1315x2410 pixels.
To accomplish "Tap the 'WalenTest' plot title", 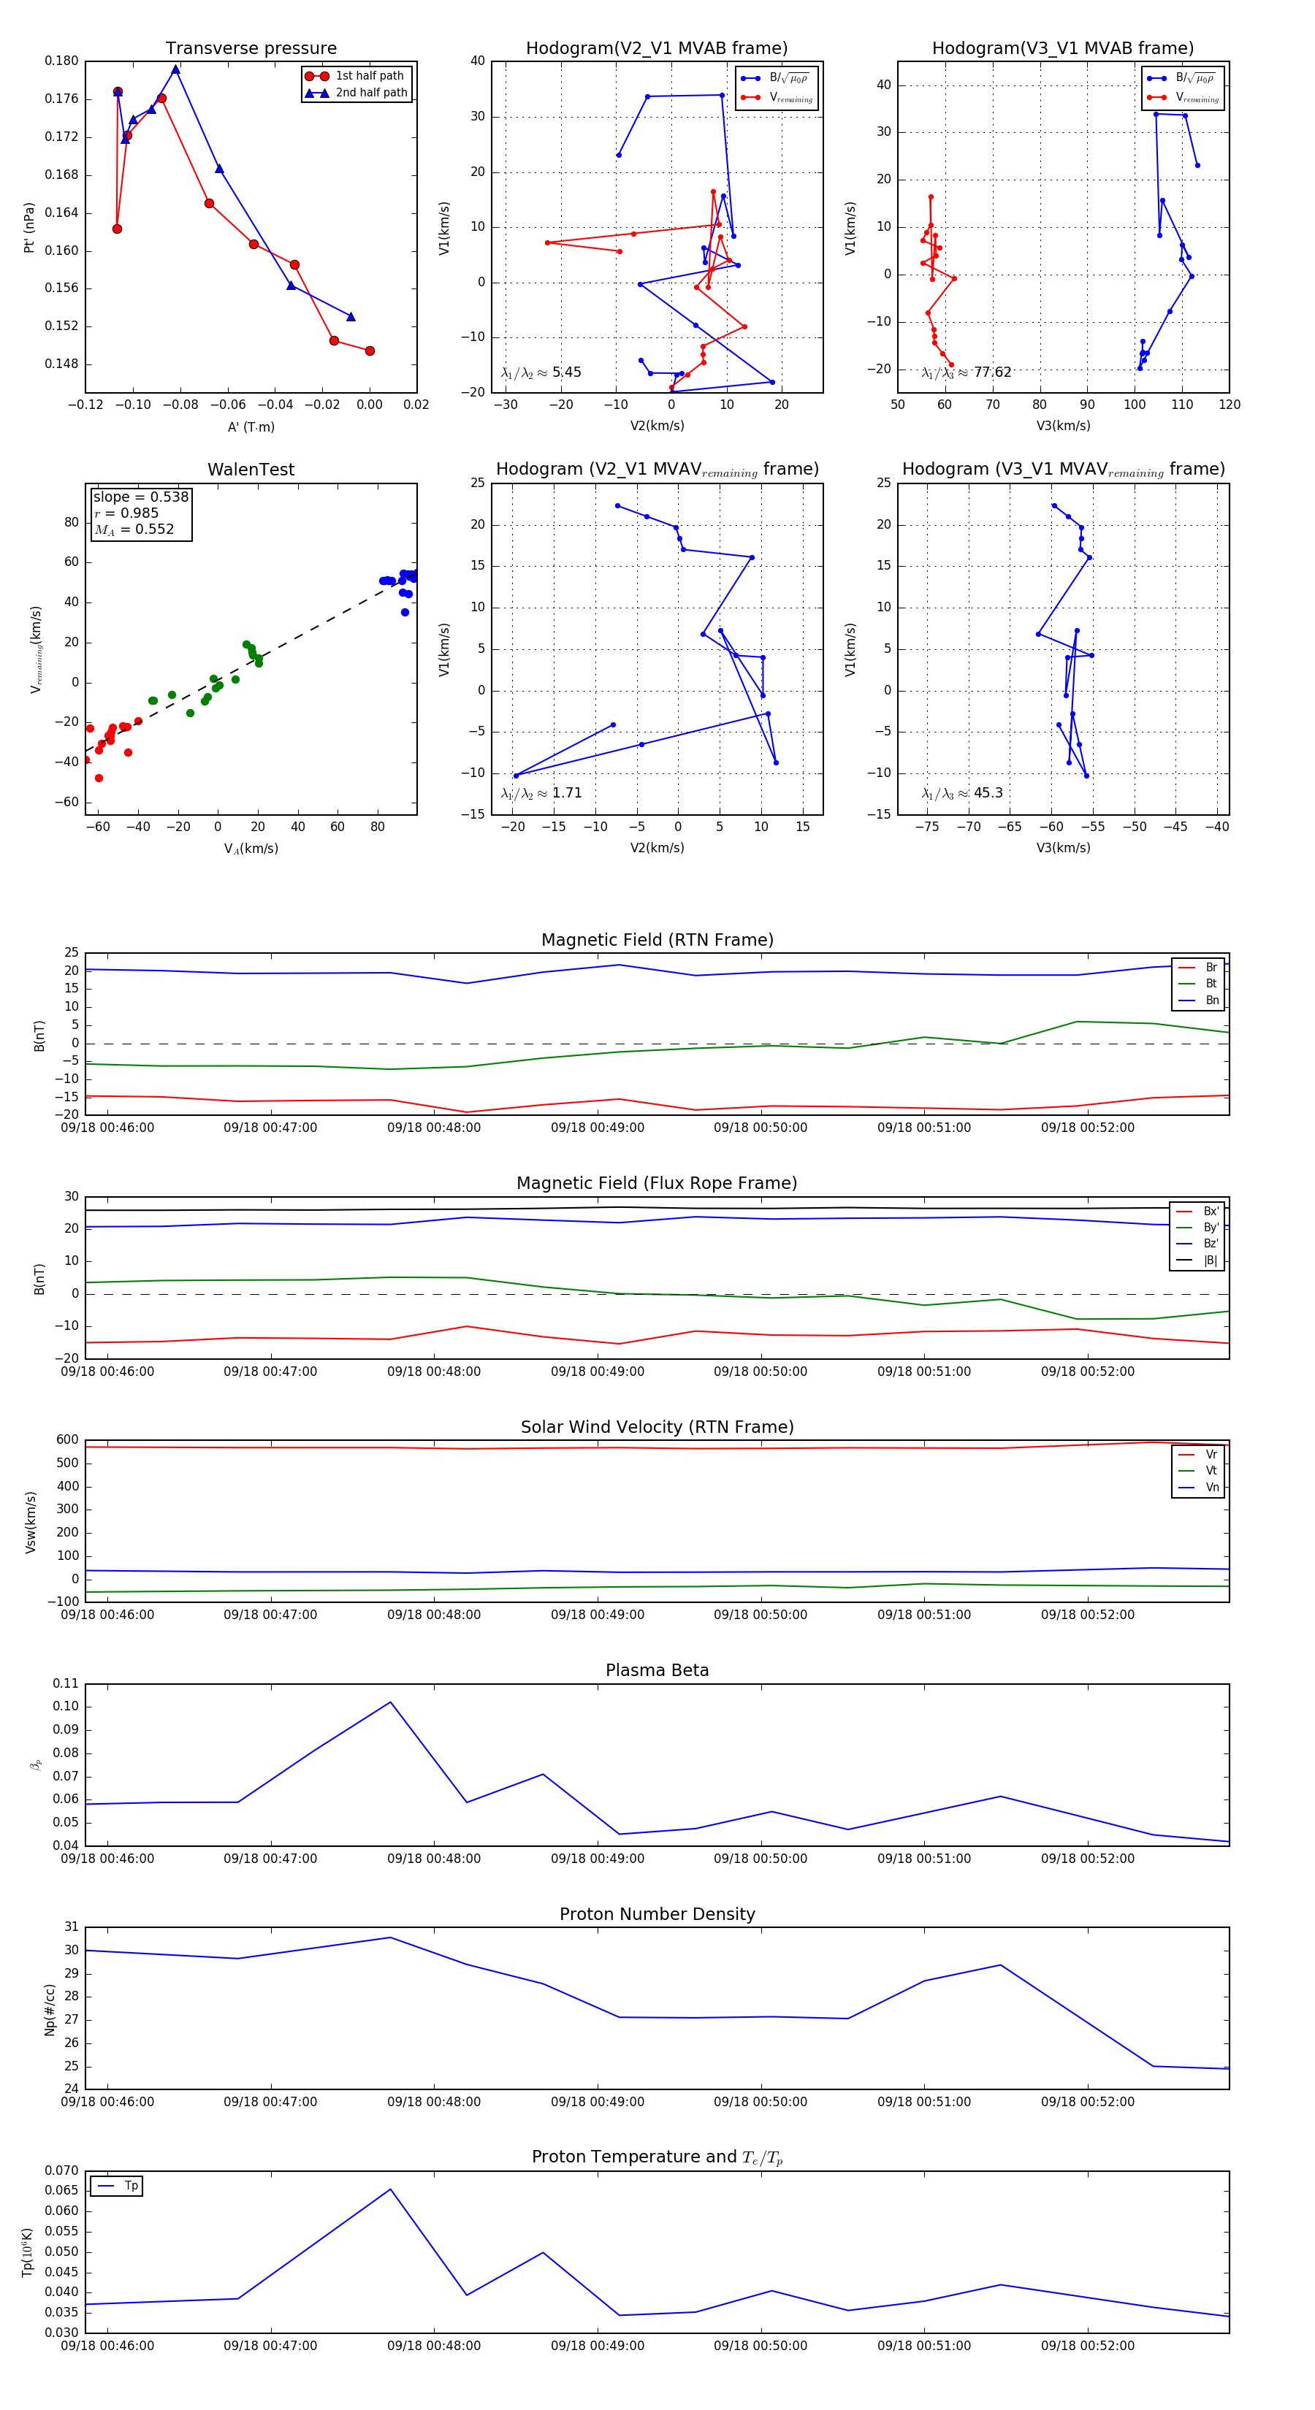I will click(251, 470).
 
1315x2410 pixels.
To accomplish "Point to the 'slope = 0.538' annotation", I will click(140, 497).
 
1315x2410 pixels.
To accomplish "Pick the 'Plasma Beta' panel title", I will click(657, 1670).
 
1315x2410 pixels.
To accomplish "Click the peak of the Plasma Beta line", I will click(390, 1702).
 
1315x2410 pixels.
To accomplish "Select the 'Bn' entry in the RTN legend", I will click(1211, 1000).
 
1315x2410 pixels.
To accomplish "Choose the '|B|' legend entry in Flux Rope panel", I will click(1211, 1261).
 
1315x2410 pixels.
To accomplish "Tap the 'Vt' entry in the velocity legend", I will click(1211, 1471).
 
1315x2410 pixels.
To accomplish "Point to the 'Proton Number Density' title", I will click(657, 1914).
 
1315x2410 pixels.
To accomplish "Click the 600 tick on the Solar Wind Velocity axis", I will click(67, 1440).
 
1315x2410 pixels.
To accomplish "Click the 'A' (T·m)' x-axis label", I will click(251, 426).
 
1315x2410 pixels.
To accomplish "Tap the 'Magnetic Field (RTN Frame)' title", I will click(657, 940).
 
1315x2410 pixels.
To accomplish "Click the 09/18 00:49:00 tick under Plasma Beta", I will click(597, 1858).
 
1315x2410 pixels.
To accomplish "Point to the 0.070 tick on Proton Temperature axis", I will click(62, 2170).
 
